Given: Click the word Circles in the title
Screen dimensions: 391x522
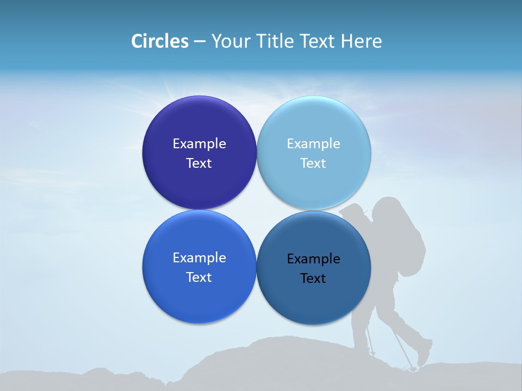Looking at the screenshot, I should (160, 41).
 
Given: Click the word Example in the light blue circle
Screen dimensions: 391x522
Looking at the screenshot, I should (314, 143).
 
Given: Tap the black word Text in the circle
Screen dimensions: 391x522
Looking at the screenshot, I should (313, 279).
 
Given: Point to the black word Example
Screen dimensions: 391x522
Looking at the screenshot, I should (314, 259).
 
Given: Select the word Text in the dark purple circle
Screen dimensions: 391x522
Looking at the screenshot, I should (199, 163).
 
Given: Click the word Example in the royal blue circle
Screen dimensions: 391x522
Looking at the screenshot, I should (199, 258).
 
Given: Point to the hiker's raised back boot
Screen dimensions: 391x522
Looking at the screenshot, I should (425, 353).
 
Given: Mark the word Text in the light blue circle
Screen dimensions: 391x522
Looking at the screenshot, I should (313, 163).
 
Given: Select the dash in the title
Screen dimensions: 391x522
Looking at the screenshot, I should (200, 42).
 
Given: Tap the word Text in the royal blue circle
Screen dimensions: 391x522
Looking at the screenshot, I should (199, 278).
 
